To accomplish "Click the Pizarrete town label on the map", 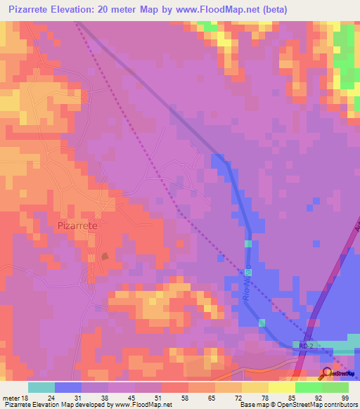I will pos(75,226).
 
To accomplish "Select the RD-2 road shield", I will pos(304,345).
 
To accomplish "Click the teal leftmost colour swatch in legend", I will pos(41,387).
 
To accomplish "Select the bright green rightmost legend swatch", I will pos(335,387).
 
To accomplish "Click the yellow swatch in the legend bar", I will pos(282,387).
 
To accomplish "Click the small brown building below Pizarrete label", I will pos(105,256).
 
